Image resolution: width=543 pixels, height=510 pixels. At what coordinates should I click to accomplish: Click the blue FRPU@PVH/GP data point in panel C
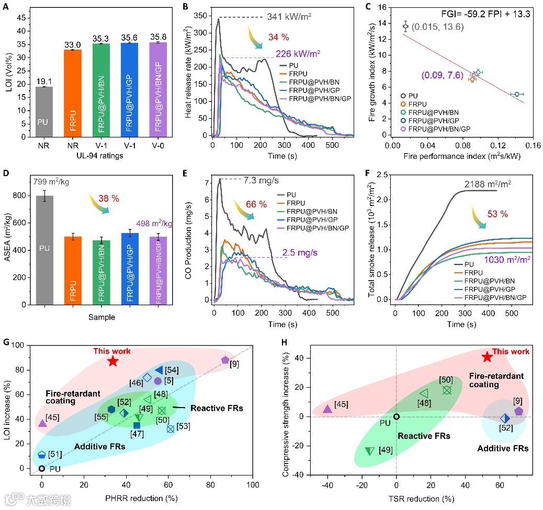point(517,94)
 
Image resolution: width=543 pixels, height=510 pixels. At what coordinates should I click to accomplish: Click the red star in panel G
point(113,361)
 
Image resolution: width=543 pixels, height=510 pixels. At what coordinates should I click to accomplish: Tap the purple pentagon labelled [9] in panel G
point(225,360)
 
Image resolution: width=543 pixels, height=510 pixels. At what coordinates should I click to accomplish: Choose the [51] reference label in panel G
point(55,454)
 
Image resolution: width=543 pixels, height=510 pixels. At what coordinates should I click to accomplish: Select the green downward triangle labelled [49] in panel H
point(369,451)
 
